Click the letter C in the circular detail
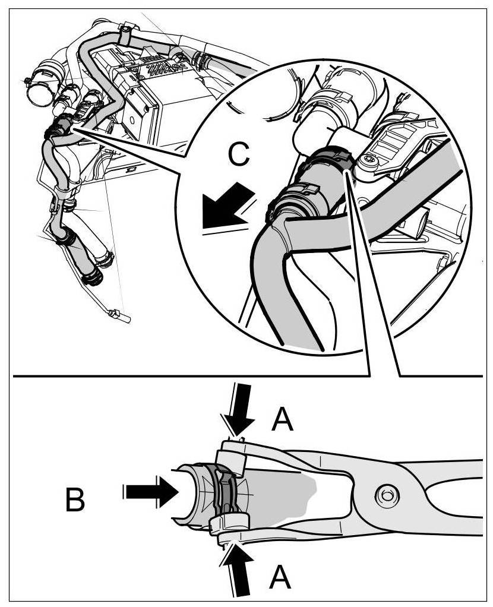click(238, 156)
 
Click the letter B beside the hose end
click(75, 500)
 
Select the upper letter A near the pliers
click(283, 421)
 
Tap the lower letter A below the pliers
click(279, 577)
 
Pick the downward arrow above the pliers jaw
click(241, 413)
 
